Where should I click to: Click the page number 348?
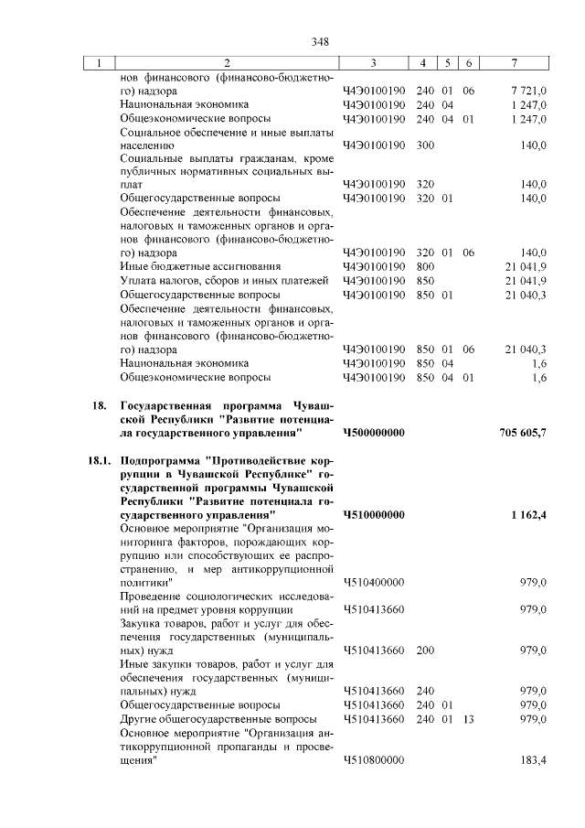(x=320, y=41)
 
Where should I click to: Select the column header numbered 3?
(x=374, y=63)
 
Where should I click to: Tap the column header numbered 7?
(x=516, y=63)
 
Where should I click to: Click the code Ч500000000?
(x=374, y=432)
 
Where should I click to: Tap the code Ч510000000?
(x=374, y=515)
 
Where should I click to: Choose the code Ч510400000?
(x=374, y=582)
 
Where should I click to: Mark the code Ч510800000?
(x=374, y=760)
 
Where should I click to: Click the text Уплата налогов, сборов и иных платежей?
(x=224, y=280)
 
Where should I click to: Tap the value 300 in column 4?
(x=425, y=145)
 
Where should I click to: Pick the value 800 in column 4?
(x=425, y=266)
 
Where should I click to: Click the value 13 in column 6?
(x=468, y=720)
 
